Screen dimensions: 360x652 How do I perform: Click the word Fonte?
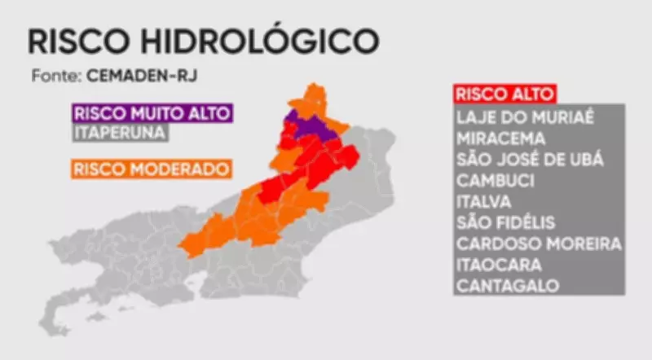click(53, 76)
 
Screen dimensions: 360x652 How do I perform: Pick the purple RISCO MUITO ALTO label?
click(152, 112)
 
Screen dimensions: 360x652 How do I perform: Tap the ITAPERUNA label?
click(119, 131)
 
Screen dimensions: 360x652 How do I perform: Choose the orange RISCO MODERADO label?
click(152, 169)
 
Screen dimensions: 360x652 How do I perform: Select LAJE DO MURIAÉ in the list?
click(526, 116)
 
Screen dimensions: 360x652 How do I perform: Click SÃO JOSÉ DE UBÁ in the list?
click(530, 159)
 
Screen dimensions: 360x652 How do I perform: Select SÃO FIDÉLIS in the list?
click(505, 222)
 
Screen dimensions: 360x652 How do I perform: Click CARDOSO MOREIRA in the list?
click(539, 244)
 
